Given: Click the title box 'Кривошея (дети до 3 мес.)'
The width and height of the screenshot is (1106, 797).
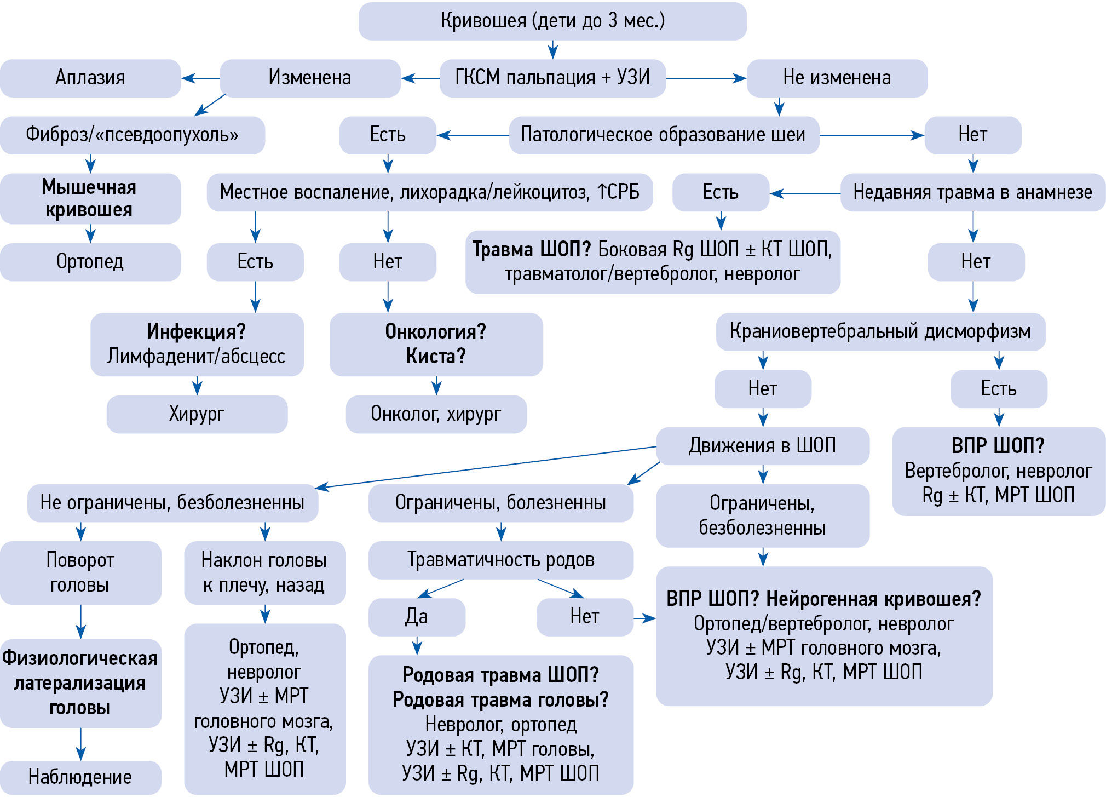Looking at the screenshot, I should click(x=552, y=21).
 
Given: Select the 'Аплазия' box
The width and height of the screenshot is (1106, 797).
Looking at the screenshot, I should click(x=90, y=78).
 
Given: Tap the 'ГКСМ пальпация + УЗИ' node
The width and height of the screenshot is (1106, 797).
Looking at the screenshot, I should click(x=552, y=78).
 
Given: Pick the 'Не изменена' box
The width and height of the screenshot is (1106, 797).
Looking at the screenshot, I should click(x=837, y=78).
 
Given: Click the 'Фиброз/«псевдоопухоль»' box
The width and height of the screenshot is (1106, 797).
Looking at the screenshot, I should click(x=132, y=135).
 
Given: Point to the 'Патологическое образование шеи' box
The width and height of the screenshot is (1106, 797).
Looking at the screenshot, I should click(x=664, y=135).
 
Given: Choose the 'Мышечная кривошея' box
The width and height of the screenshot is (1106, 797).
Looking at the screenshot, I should click(x=90, y=198).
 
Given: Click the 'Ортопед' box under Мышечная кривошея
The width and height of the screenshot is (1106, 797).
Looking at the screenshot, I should click(x=90, y=262).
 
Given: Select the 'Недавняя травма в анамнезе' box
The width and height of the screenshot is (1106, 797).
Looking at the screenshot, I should click(x=972, y=192).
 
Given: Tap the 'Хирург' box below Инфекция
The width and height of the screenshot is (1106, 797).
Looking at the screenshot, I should click(x=197, y=414).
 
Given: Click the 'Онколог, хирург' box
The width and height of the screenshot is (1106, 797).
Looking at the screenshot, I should click(x=436, y=414).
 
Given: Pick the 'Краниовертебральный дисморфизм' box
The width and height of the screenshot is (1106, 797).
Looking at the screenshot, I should click(x=880, y=331).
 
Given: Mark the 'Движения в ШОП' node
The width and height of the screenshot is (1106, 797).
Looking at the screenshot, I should click(x=762, y=446).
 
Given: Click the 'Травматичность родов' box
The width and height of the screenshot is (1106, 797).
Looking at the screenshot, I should click(x=500, y=560).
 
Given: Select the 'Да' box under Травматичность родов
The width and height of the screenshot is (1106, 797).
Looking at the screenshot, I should click(x=417, y=617).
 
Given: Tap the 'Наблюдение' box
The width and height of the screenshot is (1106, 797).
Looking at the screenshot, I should click(x=80, y=777).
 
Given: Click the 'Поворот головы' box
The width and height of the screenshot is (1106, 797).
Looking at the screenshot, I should click(x=80, y=572).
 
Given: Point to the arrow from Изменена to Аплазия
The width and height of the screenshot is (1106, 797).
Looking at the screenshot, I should click(x=200, y=78).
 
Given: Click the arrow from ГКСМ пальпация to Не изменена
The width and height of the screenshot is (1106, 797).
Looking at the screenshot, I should click(x=706, y=78).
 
